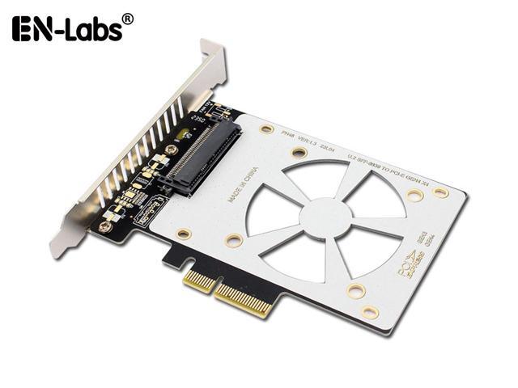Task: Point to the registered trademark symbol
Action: (x=127, y=16)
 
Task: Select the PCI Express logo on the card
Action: (x=412, y=262)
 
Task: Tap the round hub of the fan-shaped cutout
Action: (x=326, y=217)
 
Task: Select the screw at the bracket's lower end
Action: (x=103, y=227)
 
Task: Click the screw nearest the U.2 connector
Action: (x=171, y=150)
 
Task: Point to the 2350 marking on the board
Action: (x=194, y=121)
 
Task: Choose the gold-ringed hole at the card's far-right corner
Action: (x=441, y=192)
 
